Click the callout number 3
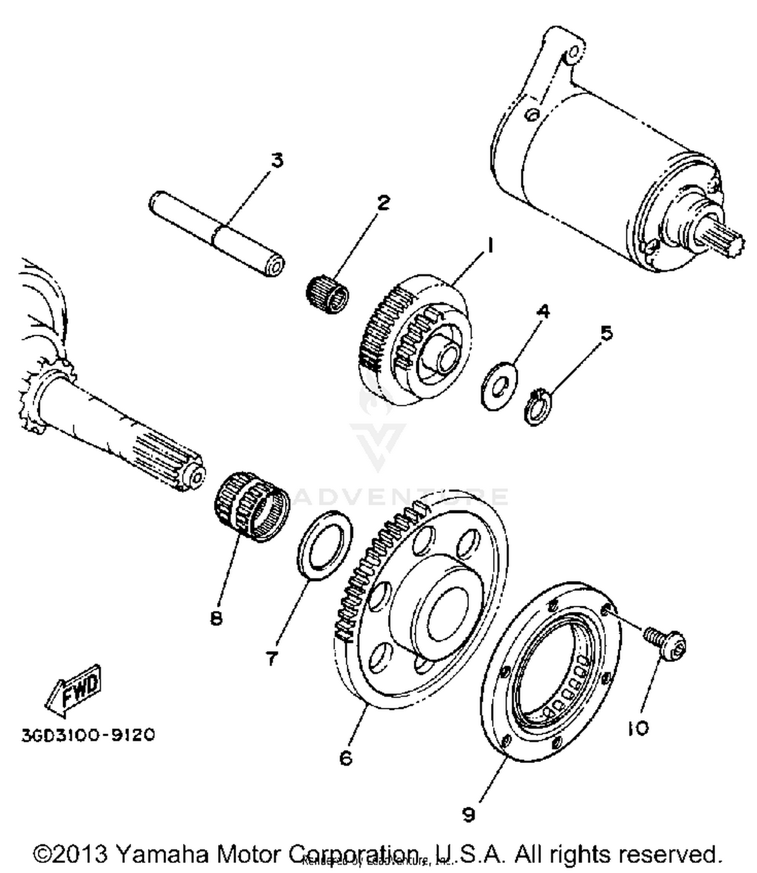click(x=277, y=161)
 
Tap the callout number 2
click(x=383, y=203)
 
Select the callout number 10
click(x=638, y=728)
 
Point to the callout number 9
click(x=468, y=814)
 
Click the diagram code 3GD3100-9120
click(x=88, y=735)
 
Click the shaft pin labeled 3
click(x=217, y=235)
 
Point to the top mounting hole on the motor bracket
click(x=574, y=52)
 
